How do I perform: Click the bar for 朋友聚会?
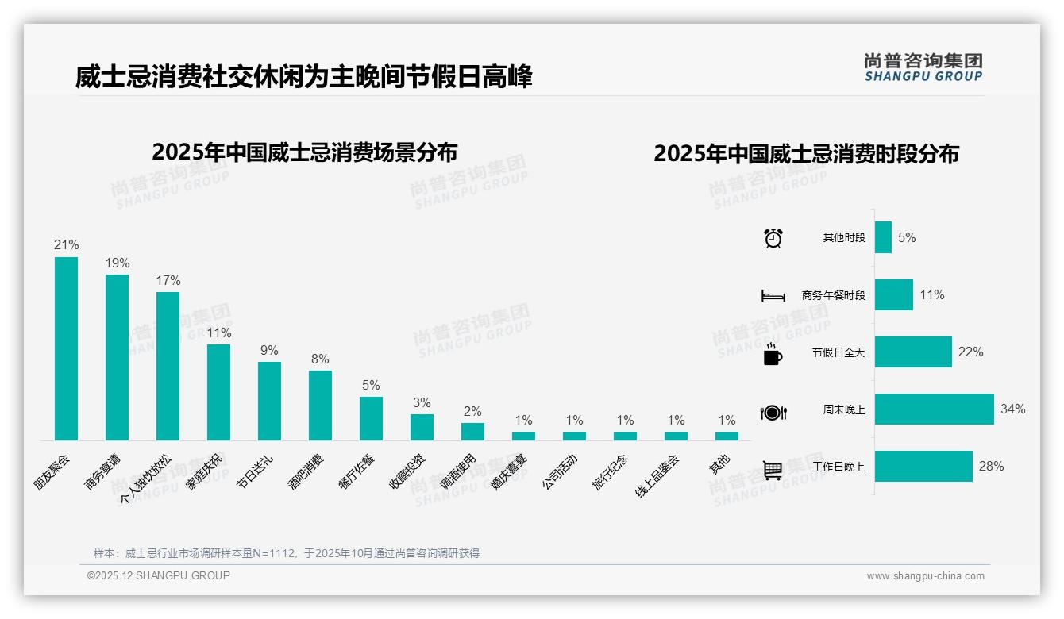coord(66,348)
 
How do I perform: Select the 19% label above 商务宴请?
coord(118,263)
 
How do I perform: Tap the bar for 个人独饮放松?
coord(168,366)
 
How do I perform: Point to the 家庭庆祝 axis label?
coord(206,473)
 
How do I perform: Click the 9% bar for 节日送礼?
coord(269,401)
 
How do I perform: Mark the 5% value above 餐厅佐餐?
coord(371,385)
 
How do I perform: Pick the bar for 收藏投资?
coord(422,427)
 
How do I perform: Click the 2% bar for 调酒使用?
coord(472,431)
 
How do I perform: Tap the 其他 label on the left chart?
coord(719,465)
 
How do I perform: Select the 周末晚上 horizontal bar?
coord(934,409)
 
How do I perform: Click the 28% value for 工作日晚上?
coord(991,467)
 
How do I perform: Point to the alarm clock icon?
coord(773,238)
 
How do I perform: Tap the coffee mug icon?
coord(773,353)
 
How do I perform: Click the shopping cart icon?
coord(773,470)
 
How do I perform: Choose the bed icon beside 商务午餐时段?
coord(773,296)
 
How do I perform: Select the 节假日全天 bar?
coord(913,352)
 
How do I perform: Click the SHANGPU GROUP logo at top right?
coord(923,67)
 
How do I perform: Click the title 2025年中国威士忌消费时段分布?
coord(806,153)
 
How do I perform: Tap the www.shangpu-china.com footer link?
coord(925,576)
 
